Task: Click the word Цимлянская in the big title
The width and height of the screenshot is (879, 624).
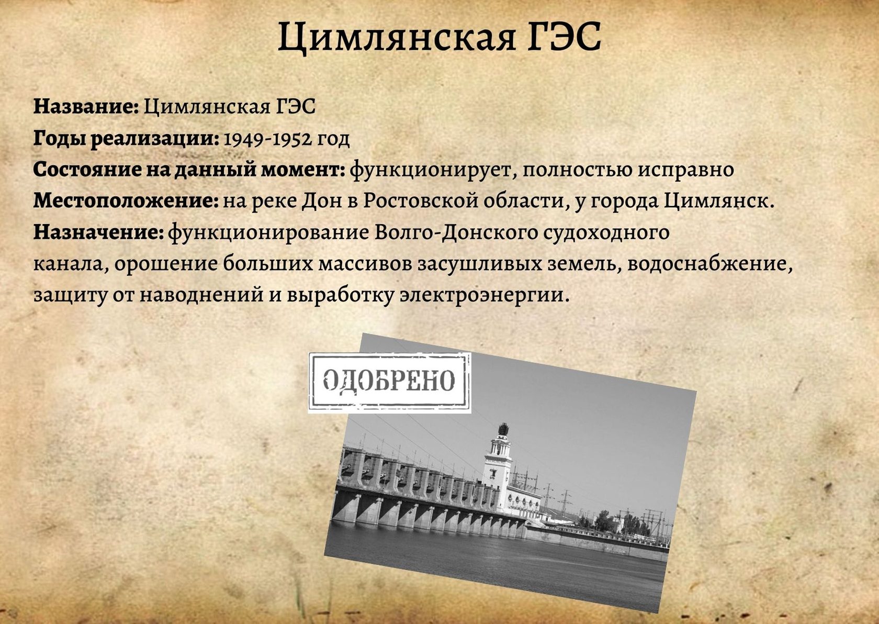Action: point(397,38)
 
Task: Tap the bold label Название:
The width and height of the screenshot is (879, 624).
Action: point(86,106)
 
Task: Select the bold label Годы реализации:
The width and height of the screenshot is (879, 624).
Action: point(126,139)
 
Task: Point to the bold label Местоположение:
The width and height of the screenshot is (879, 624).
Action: point(126,201)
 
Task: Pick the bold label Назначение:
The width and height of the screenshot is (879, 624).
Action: point(98,232)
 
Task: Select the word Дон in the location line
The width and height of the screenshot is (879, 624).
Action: point(316,201)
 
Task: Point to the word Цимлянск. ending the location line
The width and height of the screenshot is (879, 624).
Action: point(719,201)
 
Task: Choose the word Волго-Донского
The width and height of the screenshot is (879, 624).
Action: point(456,233)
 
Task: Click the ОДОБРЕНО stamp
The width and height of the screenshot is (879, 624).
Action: point(389,383)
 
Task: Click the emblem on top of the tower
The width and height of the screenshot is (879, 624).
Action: point(503,429)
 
